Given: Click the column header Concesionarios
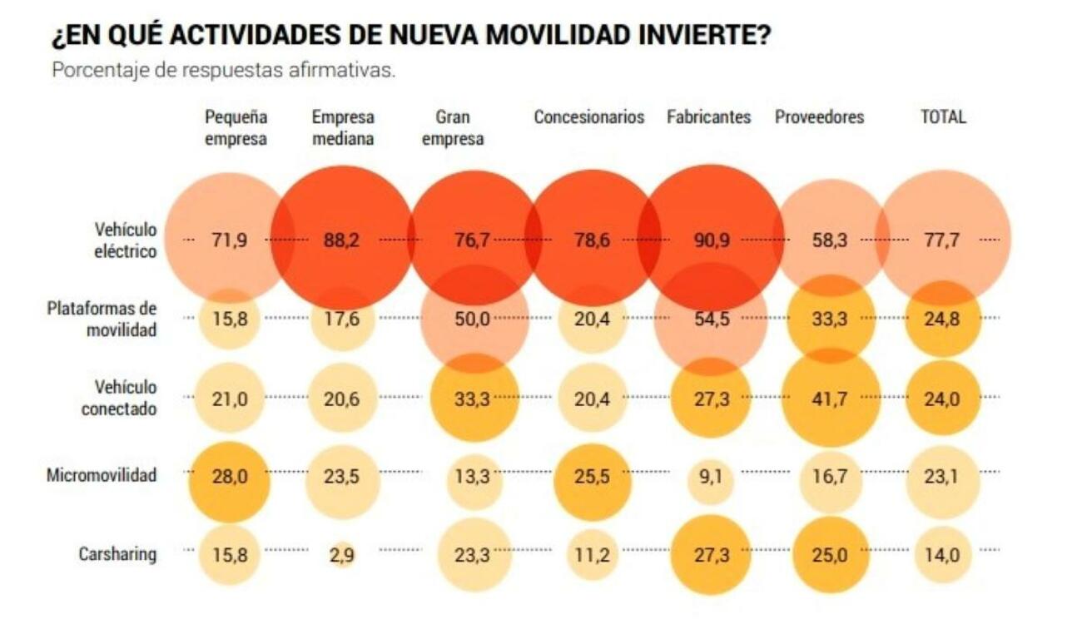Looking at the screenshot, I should (588, 117).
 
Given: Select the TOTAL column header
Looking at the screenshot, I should (943, 117).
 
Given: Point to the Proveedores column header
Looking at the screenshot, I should (819, 117).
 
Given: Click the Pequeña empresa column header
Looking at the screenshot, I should (236, 128).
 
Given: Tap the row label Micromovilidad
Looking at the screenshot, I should (102, 476).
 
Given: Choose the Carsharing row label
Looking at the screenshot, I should (117, 554).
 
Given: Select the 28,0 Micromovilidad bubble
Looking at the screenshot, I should (229, 478).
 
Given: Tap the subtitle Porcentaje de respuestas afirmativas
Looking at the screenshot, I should (223, 70).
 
